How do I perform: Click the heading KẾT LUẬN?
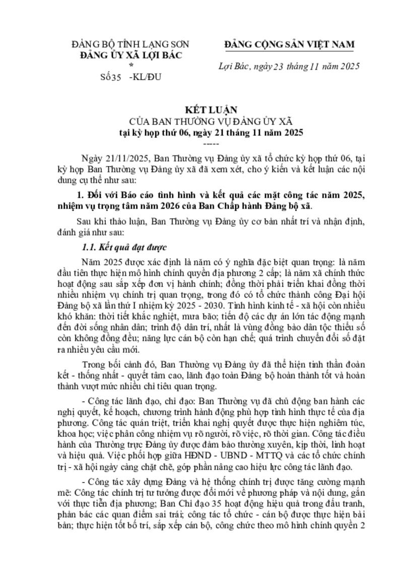coord(201,109)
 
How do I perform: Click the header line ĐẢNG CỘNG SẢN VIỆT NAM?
coord(289,44)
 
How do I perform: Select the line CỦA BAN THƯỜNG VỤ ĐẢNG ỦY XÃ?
coord(201,121)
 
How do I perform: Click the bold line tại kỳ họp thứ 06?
coord(201,132)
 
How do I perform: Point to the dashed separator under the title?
coord(201,143)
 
